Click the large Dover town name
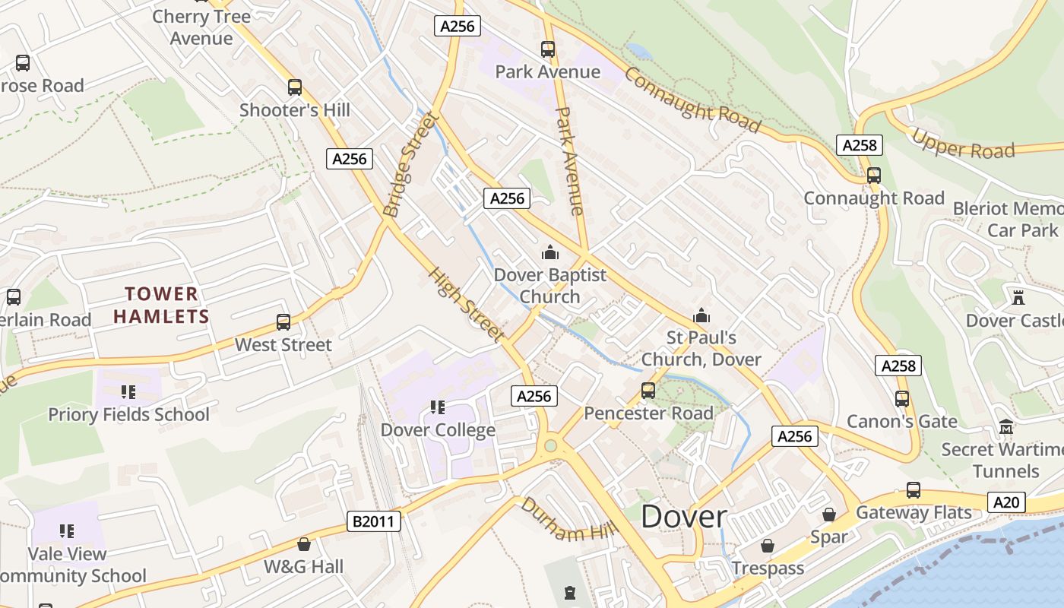[683, 517]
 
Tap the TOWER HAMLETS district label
[161, 305]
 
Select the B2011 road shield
[374, 521]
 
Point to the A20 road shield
[1007, 502]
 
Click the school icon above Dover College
[437, 407]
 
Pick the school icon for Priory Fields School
[128, 392]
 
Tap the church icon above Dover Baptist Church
[549, 252]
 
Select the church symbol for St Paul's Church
[701, 315]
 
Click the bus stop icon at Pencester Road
[648, 391]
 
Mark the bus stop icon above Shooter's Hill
[295, 87]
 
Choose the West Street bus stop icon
[283, 322]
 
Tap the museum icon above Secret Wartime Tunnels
[1006, 427]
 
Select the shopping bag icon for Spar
[828, 515]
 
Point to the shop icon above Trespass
[768, 546]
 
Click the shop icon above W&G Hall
[304, 544]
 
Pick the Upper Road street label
[963, 144]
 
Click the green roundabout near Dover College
[550, 446]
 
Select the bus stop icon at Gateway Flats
[913, 490]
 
